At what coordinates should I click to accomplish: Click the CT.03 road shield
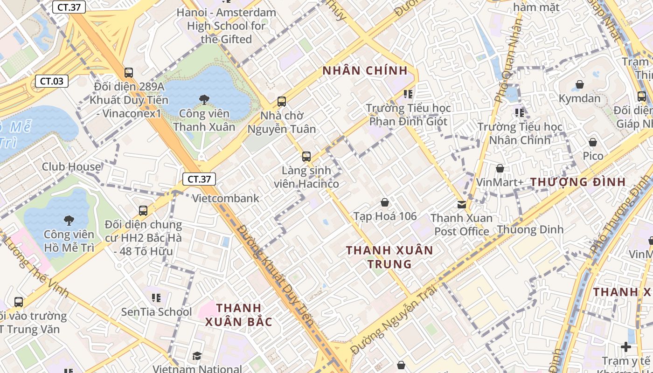pyautogui.click(x=52, y=81)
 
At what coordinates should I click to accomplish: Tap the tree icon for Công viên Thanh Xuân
pyautogui.click(x=204, y=99)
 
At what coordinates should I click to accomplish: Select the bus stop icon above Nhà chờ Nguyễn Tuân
pyautogui.click(x=282, y=101)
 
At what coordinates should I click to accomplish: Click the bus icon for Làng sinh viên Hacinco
pyautogui.click(x=306, y=157)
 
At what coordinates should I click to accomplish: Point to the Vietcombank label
pyautogui.click(x=226, y=198)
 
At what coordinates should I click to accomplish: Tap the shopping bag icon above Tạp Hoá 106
pyautogui.click(x=385, y=202)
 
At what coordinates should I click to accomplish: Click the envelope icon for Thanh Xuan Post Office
pyautogui.click(x=462, y=204)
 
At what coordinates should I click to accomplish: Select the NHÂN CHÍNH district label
pyautogui.click(x=365, y=71)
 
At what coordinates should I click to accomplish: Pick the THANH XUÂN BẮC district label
pyautogui.click(x=238, y=315)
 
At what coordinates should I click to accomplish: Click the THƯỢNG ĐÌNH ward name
pyautogui.click(x=578, y=182)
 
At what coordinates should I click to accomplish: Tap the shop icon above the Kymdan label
pyautogui.click(x=580, y=84)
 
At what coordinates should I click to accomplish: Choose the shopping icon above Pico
pyautogui.click(x=593, y=142)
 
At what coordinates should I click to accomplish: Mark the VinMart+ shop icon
pyautogui.click(x=500, y=168)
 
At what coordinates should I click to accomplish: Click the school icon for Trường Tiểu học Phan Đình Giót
pyautogui.click(x=408, y=94)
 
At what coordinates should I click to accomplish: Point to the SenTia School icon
pyautogui.click(x=156, y=297)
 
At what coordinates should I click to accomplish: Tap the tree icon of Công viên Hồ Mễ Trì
pyautogui.click(x=69, y=220)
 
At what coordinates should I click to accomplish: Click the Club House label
pyautogui.click(x=71, y=166)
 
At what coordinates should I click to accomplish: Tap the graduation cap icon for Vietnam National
pyautogui.click(x=197, y=356)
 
